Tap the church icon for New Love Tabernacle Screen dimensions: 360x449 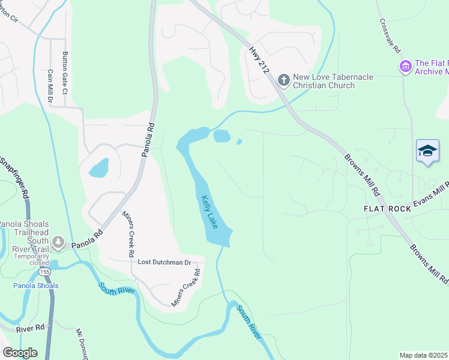coord(283,79)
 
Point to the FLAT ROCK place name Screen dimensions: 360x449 coord(387,209)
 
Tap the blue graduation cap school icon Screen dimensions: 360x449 coord(427,151)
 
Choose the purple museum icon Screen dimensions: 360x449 coord(405,65)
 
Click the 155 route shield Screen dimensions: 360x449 coord(45,272)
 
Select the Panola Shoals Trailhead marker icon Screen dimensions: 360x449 coord(58,242)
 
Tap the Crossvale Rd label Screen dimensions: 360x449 coord(390,34)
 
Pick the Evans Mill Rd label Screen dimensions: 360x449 coord(430,195)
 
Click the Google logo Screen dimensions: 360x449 coord(19,353)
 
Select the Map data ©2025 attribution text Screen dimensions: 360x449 coord(423,355)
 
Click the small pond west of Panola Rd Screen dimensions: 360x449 coord(99,167)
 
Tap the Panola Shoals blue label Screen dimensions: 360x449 coord(36,286)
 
